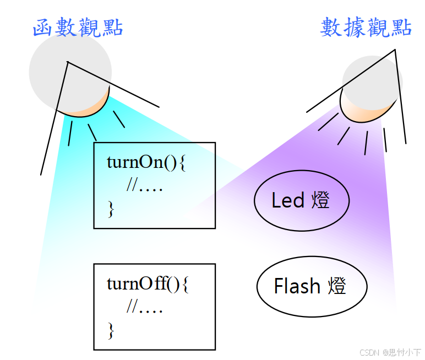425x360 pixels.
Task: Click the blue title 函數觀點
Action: pyautogui.click(x=78, y=27)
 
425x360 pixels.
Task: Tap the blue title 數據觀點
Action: pyautogui.click(x=366, y=27)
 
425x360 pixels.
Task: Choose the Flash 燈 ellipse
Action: pyautogui.click(x=312, y=286)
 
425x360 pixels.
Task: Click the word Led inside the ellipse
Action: pyautogui.click(x=288, y=200)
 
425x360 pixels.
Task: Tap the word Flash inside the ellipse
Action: pyautogui.click(x=297, y=286)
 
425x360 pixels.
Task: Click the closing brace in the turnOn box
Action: pyautogui.click(x=111, y=209)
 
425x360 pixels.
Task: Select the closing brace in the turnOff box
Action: pyautogui.click(x=111, y=330)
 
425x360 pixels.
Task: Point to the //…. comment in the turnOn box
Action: pyautogui.click(x=144, y=186)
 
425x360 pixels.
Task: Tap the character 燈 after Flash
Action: pyautogui.click(x=336, y=286)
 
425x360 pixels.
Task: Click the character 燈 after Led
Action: pyautogui.click(x=320, y=200)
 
